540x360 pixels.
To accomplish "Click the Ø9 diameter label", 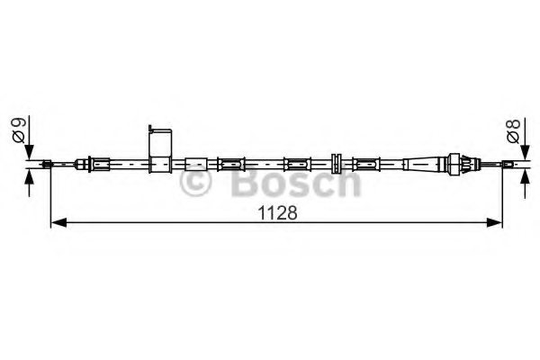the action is (19, 130).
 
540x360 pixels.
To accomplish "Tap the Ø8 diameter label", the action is (514, 131).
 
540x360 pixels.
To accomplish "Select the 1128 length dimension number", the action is (277, 213).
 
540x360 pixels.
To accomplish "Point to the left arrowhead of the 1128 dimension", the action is (58, 222).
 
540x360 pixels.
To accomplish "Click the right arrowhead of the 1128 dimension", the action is (494, 222).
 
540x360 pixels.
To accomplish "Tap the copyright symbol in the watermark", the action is (195, 181).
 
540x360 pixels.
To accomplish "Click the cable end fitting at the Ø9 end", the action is (47, 164).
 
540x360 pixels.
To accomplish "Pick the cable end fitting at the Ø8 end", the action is (508, 165).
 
